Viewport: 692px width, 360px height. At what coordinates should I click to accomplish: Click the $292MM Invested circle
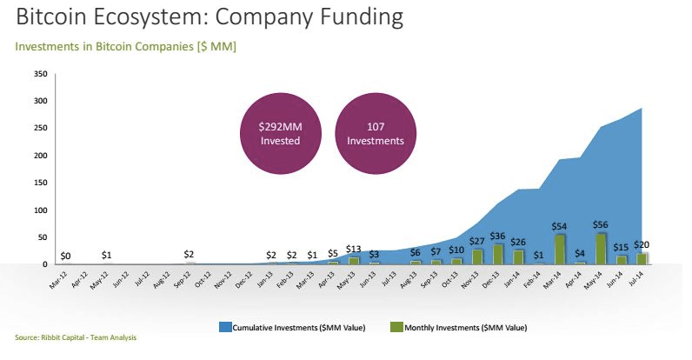pos(280,132)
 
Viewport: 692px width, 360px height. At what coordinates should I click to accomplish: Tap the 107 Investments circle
pos(375,132)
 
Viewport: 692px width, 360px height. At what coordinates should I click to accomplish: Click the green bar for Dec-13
pos(498,253)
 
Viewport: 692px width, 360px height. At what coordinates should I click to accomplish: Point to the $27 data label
pos(477,241)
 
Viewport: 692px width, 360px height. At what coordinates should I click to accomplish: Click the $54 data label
pos(559,226)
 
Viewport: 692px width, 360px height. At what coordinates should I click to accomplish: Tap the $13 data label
pos(353,249)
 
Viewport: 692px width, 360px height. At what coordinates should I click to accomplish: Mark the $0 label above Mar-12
pos(66,256)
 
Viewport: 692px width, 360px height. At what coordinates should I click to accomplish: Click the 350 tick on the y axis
pos(39,75)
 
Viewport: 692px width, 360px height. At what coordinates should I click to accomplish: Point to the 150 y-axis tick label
pos(39,183)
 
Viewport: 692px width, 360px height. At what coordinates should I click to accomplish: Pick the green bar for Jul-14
pos(642,258)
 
